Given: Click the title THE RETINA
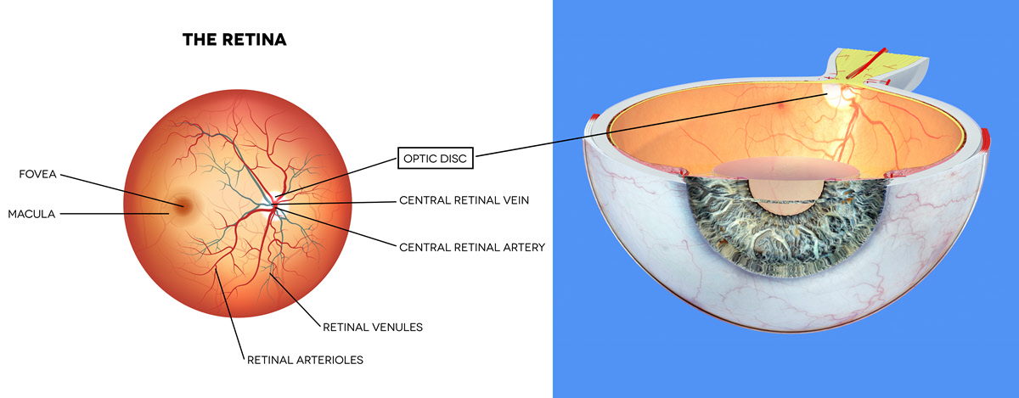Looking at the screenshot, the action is tap(234, 40).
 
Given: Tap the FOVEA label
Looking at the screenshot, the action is tap(39, 175).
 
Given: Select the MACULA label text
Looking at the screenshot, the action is tap(31, 214).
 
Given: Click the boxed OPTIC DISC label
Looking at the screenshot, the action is tap(436, 157).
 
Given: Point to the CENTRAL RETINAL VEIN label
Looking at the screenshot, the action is tap(470, 202).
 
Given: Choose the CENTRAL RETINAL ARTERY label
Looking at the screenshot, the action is tap(471, 247).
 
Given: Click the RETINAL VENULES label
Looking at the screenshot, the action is tap(373, 326).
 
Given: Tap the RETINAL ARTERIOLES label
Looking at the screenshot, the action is tap(305, 360).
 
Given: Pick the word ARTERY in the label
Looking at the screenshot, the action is tap(519, 247).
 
